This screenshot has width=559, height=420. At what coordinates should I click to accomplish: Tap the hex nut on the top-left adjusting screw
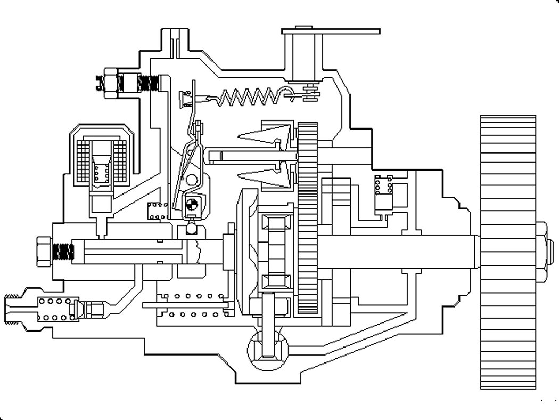point(111,83)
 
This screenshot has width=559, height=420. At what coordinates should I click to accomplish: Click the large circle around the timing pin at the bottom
point(268,349)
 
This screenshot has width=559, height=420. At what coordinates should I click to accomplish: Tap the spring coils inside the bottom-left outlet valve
point(56,309)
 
